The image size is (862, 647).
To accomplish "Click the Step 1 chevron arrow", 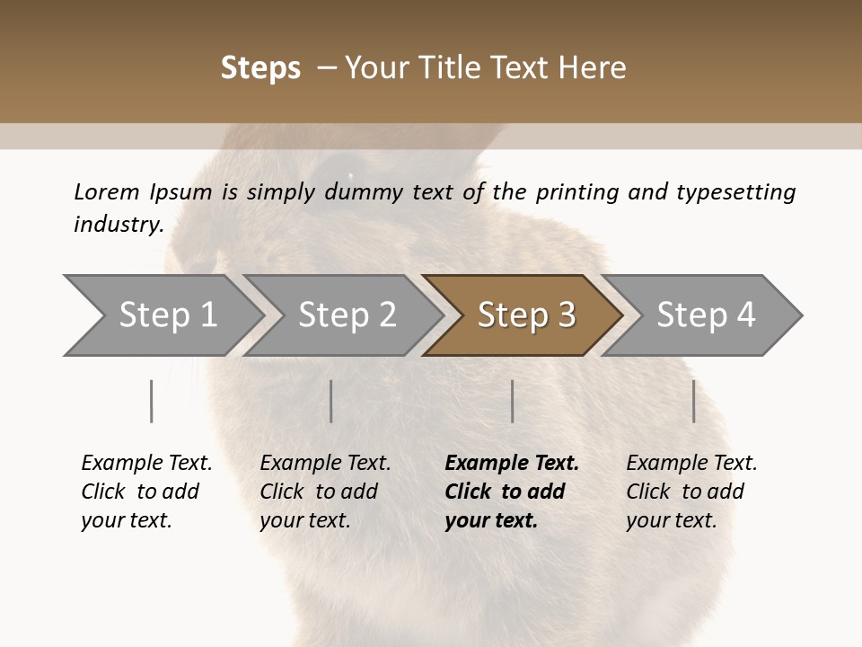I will (x=166, y=315).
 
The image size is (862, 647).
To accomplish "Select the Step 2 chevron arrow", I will (x=346, y=315).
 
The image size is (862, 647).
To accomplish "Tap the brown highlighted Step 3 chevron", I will (x=525, y=315).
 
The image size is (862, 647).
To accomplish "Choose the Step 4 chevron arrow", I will (x=705, y=315).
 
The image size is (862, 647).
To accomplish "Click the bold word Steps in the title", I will (x=260, y=68).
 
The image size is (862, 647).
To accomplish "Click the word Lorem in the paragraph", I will (x=107, y=191).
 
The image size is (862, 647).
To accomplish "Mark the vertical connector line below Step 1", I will (x=151, y=401).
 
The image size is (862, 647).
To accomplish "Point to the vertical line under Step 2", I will (x=331, y=401).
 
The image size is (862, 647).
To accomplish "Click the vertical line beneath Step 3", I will (x=512, y=401).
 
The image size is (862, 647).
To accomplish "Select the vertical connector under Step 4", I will (x=693, y=401).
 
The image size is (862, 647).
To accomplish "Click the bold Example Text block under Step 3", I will (x=512, y=492).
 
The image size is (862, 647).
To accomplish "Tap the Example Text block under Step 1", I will (x=146, y=492).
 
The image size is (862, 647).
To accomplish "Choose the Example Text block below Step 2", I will (x=325, y=492).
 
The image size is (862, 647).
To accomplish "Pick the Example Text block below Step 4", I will (x=691, y=492).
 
